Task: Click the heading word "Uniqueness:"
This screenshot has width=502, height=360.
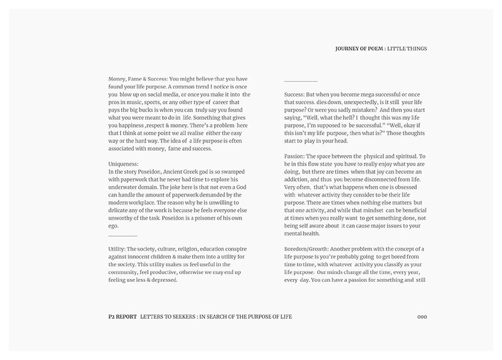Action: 123,163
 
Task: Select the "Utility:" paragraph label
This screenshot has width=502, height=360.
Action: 117,249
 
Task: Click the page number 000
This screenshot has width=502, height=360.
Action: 422,317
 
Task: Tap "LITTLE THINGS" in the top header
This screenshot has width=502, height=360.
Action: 408,49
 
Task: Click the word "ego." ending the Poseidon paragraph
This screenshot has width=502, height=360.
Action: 114,226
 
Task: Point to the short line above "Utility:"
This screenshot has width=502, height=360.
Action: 123,236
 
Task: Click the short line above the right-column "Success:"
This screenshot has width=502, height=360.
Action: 300,81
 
